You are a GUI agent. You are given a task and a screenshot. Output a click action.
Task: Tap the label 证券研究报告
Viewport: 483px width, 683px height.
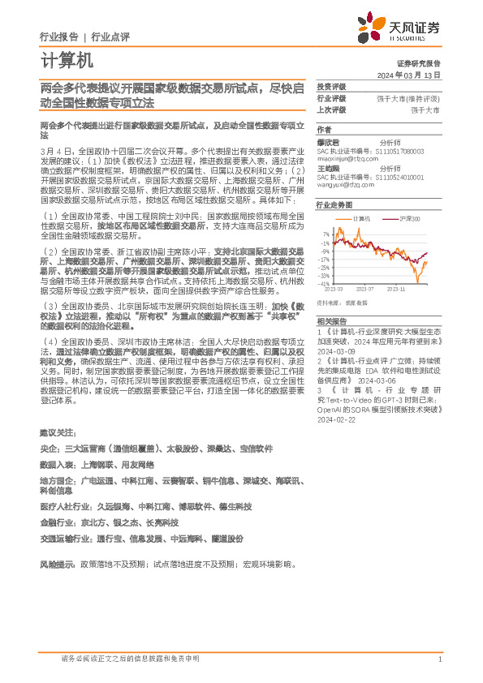coord(418,62)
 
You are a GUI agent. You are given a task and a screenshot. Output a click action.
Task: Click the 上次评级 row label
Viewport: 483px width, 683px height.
coord(331,110)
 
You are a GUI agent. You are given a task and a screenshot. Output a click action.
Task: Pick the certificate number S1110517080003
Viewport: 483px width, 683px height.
coord(400,151)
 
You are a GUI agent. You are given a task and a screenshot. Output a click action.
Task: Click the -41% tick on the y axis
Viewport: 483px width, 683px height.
coord(324,284)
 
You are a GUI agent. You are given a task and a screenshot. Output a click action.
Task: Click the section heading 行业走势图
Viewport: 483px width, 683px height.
coord(331,206)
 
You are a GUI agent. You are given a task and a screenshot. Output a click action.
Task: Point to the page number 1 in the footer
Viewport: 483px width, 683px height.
coord(439,659)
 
